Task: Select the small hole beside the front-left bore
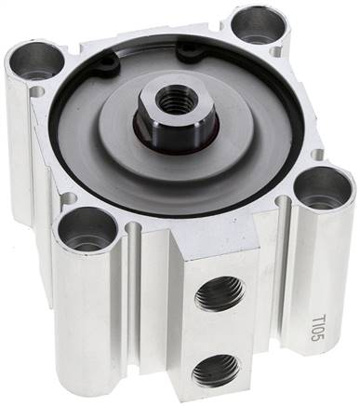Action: tap(67, 198)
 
